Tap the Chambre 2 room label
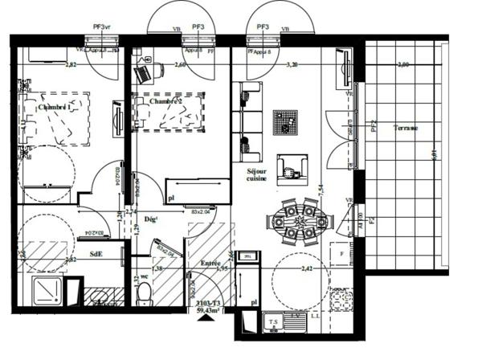pyautogui.click(x=165, y=102)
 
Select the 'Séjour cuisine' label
pyautogui.click(x=251, y=176)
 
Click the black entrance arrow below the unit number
pyautogui.click(x=212, y=319)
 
